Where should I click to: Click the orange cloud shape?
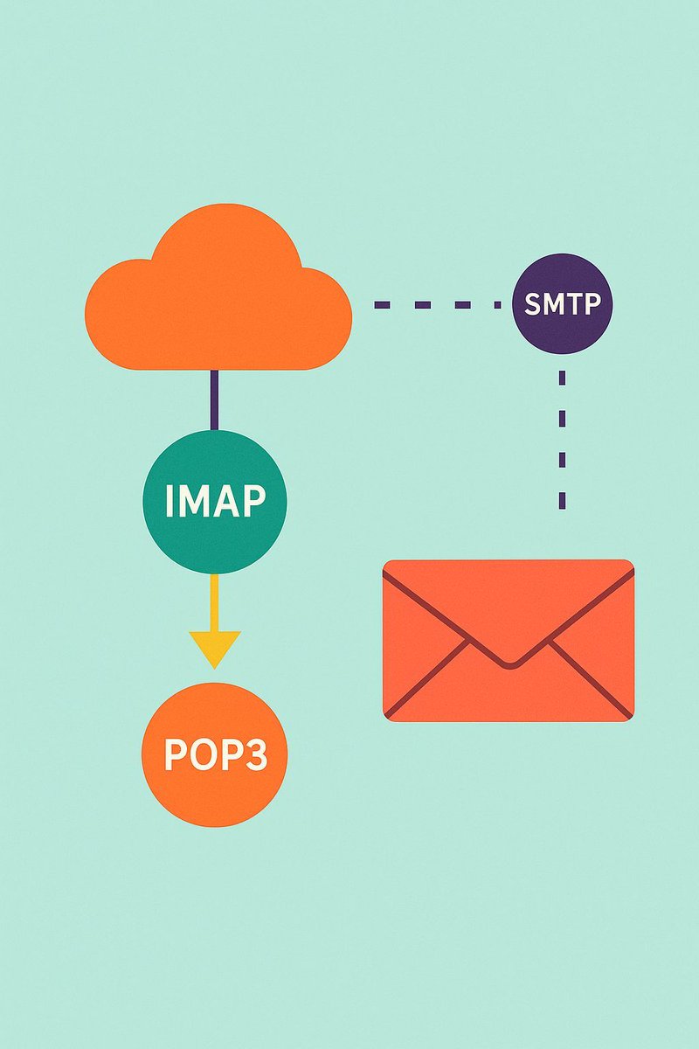point(218,297)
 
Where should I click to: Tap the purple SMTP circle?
point(563,304)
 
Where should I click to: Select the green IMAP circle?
point(214,501)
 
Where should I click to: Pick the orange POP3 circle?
point(214,754)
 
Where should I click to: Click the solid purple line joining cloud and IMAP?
point(214,399)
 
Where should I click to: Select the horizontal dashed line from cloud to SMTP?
point(435,305)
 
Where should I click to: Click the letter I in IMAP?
point(169,501)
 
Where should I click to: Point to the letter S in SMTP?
point(533,305)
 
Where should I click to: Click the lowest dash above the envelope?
point(562,499)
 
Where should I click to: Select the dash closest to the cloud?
point(382,305)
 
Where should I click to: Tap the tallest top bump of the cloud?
point(225,219)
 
